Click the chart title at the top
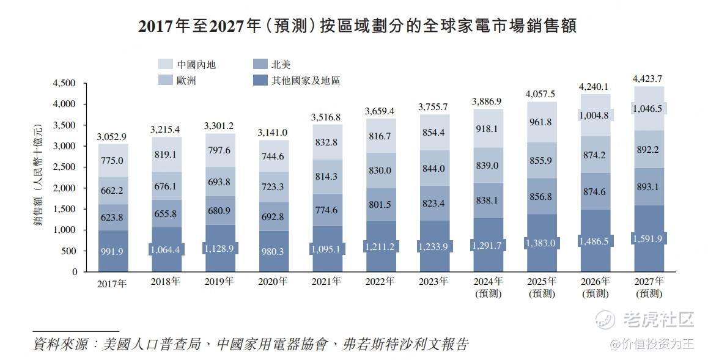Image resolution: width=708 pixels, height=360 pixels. [x=358, y=26]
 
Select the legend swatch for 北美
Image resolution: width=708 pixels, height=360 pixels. [x=260, y=64]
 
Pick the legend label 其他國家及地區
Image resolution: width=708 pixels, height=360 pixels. [x=305, y=80]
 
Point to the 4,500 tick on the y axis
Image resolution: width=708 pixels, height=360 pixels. [x=65, y=83]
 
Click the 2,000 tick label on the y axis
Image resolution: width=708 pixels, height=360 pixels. [x=65, y=188]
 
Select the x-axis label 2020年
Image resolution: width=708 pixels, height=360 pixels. [x=273, y=282]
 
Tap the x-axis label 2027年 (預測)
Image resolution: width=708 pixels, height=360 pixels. [x=649, y=287]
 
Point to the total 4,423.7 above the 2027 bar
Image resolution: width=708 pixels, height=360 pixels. [x=647, y=78]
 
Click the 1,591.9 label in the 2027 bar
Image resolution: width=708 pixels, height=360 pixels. [x=648, y=239]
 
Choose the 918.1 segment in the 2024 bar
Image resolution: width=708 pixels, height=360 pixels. [x=487, y=128]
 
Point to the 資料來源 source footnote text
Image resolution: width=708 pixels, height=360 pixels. [x=251, y=344]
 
